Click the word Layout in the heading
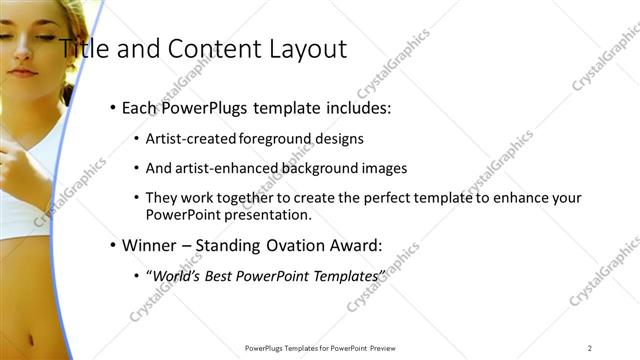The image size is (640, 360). point(308,48)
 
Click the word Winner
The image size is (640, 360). point(147,244)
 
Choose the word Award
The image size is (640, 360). point(355,244)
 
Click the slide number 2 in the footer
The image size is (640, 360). point(590,348)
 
